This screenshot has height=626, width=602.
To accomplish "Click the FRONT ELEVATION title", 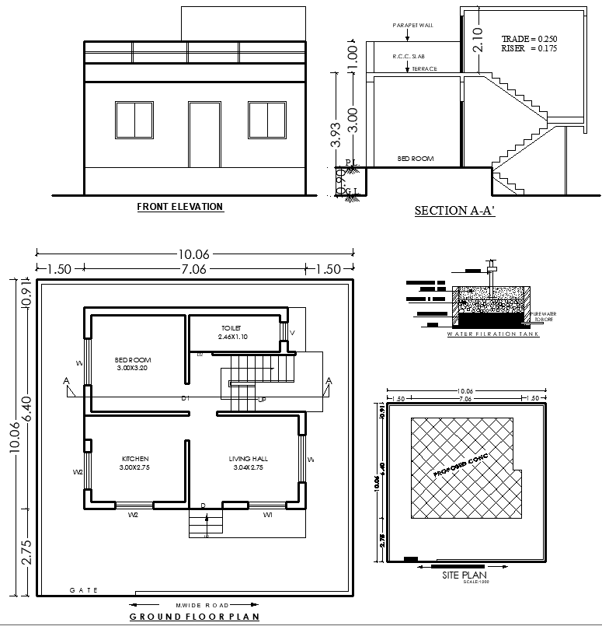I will pos(180,207).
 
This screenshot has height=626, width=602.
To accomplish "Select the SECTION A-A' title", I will pos(454,211).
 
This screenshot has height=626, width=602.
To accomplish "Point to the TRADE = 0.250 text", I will pos(529,38).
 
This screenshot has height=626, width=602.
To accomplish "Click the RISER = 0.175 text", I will pos(529,48).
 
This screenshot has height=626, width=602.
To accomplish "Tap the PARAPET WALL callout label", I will pos(413,25).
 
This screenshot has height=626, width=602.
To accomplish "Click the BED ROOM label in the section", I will pos(416,159).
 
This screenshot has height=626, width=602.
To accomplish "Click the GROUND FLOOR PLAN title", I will pos(194,616).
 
